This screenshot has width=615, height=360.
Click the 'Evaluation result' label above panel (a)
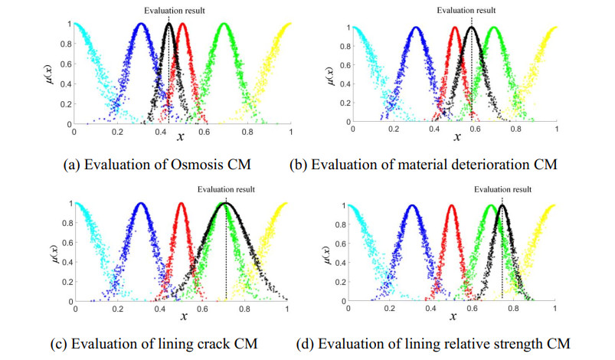click(168, 10)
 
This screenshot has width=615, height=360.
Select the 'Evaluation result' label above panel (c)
click(225, 189)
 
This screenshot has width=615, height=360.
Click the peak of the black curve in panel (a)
click(168, 24)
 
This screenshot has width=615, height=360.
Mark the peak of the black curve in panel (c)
click(225, 203)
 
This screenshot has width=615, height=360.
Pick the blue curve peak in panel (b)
click(415, 28)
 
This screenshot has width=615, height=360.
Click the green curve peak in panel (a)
click(224, 25)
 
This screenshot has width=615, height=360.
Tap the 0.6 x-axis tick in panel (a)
click(204, 132)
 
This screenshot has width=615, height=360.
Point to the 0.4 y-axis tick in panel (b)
click(345, 85)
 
